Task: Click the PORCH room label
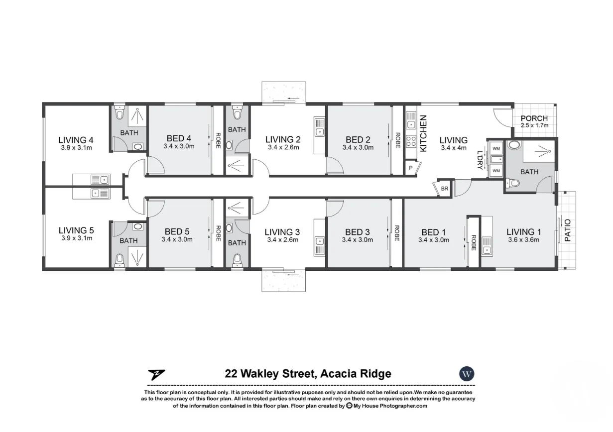(x=534, y=118)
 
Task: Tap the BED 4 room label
(x=179, y=138)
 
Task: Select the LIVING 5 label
(x=76, y=230)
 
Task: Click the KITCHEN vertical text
(x=423, y=133)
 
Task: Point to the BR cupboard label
(x=444, y=189)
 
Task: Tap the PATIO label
(x=568, y=230)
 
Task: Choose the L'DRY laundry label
(x=480, y=160)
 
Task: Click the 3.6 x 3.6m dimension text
(x=523, y=240)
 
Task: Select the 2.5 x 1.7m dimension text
(x=534, y=125)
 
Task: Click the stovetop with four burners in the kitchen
(x=411, y=141)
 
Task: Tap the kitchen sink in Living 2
(x=319, y=127)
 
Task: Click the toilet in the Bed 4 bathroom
(x=120, y=112)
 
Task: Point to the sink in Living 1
(x=487, y=246)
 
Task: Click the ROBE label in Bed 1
(x=474, y=243)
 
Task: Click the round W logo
(x=467, y=374)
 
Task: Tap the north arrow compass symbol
(x=156, y=375)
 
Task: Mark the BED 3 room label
(x=357, y=232)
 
